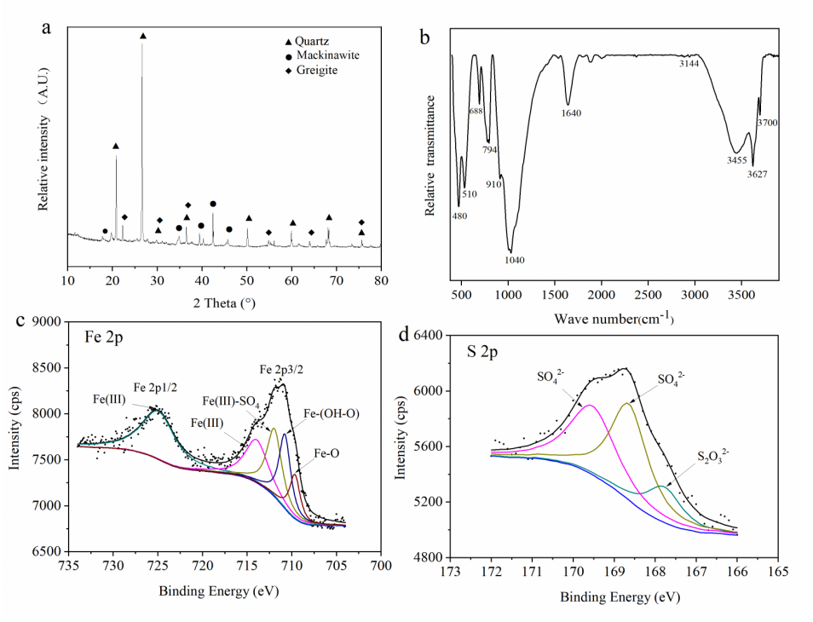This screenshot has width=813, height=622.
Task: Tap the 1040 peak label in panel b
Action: [513, 259]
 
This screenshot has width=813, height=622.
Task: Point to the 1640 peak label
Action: [570, 112]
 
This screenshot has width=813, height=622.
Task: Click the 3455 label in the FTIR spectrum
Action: [736, 159]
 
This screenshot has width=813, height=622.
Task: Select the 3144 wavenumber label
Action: [689, 64]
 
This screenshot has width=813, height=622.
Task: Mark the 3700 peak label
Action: [767, 123]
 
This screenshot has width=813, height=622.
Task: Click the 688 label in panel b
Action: [476, 111]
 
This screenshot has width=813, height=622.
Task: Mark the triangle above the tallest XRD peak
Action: [142, 36]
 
